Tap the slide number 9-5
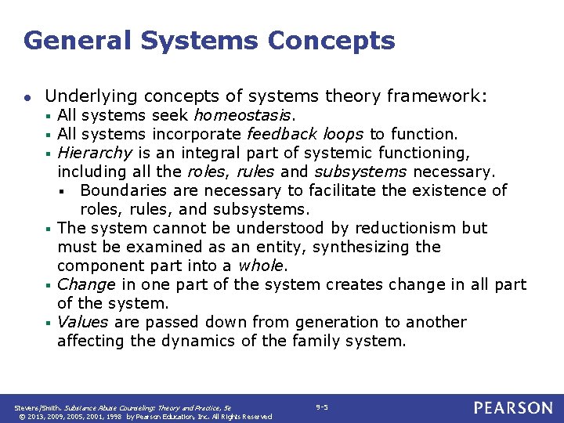322,407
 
